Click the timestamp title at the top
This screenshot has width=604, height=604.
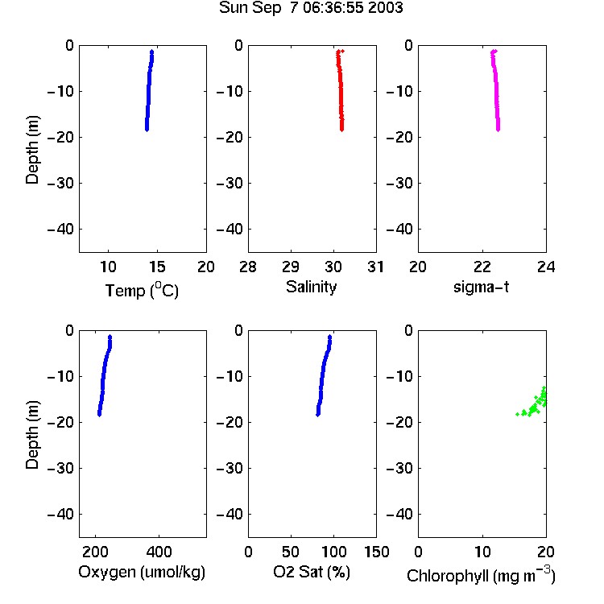point(311,8)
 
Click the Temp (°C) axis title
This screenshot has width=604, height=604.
point(142,290)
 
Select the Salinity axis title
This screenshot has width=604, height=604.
point(311,287)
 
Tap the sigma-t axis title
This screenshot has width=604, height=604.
point(481,287)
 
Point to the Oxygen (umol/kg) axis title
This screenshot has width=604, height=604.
point(142,573)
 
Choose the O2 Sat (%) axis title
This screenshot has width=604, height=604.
point(312,573)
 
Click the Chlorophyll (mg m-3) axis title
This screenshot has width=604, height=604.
point(481,575)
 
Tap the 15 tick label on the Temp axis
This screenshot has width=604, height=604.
point(157,267)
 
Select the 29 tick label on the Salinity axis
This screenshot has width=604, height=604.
point(291,267)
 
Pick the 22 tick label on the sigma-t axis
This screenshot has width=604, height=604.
point(482,267)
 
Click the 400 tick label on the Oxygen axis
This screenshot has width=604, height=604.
point(159,552)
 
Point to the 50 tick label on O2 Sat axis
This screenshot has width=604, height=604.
point(291,552)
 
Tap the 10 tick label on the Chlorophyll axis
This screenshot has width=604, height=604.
point(482,552)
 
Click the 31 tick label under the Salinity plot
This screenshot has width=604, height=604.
point(376,267)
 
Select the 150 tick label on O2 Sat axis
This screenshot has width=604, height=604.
point(377,552)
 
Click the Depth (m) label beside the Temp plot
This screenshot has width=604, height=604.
point(32,150)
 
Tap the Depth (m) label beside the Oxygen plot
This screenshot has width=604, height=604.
point(32,435)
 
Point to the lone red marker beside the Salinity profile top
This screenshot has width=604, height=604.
point(342,51)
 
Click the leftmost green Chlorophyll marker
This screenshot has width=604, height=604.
point(517,414)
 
